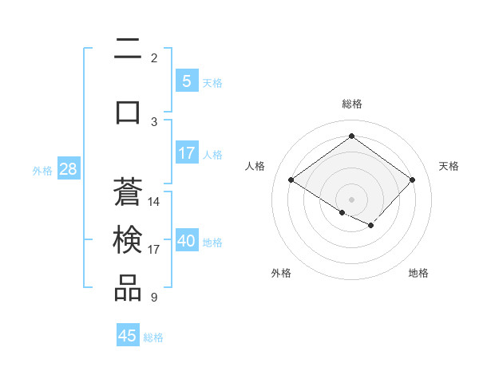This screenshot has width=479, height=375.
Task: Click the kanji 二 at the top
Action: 128,50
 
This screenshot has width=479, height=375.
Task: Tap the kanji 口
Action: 128,111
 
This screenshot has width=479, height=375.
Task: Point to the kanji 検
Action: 128,240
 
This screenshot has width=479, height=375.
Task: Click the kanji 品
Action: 128,288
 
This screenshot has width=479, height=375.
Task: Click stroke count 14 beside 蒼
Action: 154,202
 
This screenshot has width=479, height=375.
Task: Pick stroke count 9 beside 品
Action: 153,298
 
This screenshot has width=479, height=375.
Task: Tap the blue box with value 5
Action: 186,81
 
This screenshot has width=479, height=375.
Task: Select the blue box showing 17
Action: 186,153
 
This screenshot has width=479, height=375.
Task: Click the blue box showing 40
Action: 186,241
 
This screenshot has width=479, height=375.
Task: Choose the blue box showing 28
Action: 68,169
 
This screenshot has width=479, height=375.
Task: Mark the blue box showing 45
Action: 128,336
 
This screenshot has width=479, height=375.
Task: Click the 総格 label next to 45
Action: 153,337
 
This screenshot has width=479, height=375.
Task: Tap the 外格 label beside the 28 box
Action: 42,170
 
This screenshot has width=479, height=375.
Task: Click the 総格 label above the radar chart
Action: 351,104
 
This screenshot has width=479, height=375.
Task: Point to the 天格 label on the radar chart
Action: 449,166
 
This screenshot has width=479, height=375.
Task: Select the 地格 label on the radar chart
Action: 418,273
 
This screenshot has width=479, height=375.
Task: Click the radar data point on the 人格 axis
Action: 291,180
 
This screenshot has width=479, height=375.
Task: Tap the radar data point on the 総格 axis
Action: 351,136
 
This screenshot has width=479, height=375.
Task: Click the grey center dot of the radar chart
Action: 351,199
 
